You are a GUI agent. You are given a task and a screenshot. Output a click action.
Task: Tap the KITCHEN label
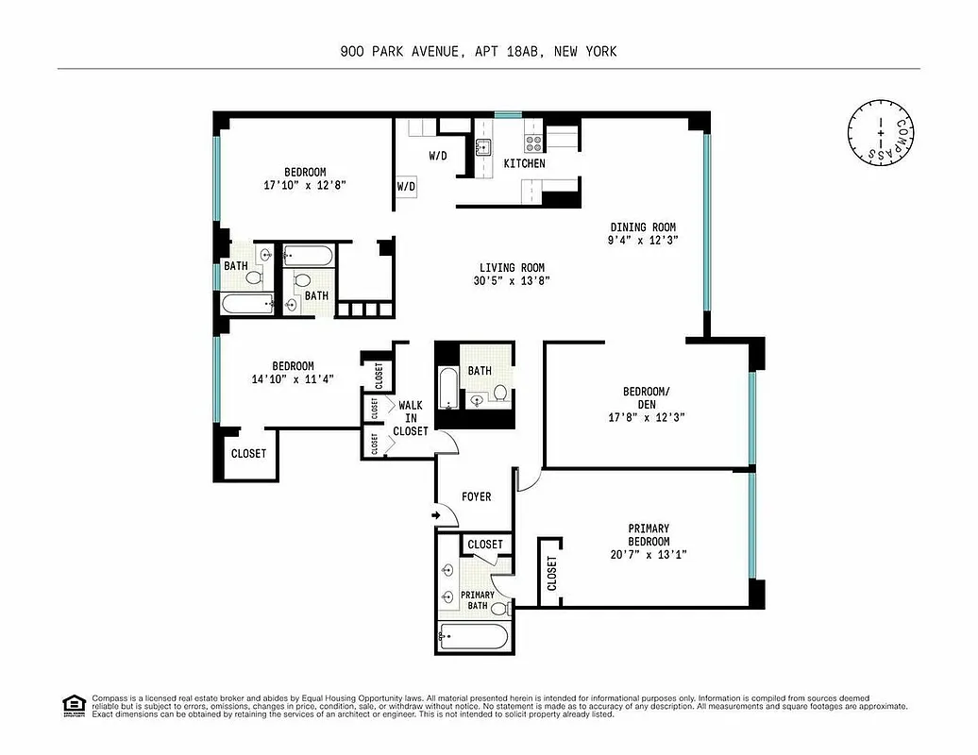coord(524,163)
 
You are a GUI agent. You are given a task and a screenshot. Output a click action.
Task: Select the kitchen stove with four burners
coord(533,143)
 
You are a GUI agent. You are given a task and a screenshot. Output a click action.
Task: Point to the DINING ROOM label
coord(643,226)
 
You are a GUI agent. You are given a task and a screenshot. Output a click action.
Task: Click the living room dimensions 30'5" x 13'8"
coord(511,280)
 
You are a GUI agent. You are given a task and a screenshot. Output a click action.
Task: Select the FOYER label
coord(476,496)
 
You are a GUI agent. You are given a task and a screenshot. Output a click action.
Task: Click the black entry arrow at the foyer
coord(437,515)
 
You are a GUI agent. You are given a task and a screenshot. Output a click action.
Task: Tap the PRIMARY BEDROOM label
coord(649,534)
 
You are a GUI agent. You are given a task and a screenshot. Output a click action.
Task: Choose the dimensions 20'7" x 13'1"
coord(649,555)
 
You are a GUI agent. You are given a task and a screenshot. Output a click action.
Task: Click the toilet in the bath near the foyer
coord(500,393)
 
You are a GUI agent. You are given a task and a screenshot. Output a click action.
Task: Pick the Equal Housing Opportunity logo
coord(72,704)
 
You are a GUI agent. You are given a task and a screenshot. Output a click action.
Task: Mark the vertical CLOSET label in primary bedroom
coord(551,573)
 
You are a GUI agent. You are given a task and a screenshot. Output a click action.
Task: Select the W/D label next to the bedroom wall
coord(406,187)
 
